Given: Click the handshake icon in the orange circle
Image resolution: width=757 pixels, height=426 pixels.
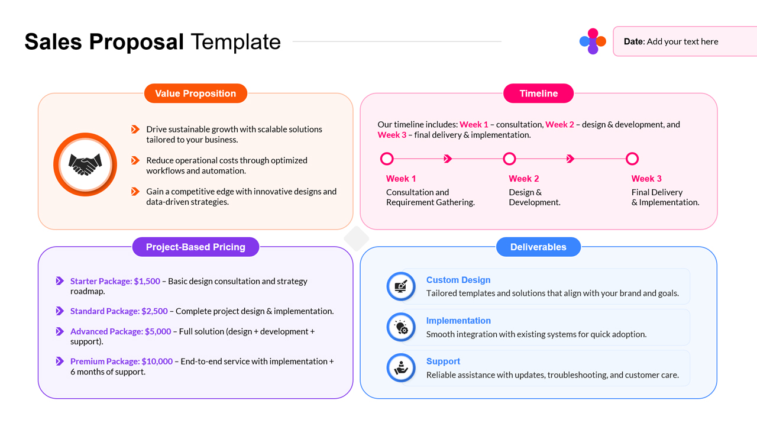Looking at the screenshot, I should point(85,164).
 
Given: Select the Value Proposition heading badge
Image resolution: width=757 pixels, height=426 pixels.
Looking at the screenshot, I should point(195,93).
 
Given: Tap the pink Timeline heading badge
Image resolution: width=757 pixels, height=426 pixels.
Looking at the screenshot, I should point(538,93).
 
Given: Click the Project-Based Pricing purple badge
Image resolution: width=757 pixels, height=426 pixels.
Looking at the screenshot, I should point(195,247).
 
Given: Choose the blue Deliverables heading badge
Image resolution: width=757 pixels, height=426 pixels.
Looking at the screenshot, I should point(538,247).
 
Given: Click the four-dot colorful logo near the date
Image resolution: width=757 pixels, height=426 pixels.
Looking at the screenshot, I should point(593,41).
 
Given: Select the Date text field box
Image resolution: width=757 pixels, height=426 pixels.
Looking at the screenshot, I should point(684,41).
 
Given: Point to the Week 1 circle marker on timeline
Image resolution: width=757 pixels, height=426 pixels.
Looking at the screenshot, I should point(387,159).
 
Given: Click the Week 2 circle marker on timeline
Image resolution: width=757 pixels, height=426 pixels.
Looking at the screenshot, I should point(509,159).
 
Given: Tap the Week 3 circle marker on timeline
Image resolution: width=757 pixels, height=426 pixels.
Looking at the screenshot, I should point(632,159).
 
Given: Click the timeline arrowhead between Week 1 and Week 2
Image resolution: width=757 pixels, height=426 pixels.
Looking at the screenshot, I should point(448,159).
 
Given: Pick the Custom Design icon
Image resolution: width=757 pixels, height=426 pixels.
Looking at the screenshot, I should point(401,286).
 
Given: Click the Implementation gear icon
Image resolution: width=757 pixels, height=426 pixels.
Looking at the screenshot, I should point(401,327).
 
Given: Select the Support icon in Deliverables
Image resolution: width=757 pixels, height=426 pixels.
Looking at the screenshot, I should point(401,368).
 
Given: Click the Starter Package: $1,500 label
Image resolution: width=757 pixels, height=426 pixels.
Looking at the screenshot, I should point(115,281).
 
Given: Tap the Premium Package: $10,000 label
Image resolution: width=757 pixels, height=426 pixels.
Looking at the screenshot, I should point(121,361).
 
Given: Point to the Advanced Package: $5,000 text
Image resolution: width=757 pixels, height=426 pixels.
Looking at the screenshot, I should point(121,331).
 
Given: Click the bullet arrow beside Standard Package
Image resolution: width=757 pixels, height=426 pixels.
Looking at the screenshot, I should point(60,311).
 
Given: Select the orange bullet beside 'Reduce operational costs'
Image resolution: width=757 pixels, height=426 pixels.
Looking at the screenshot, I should point(135,160).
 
